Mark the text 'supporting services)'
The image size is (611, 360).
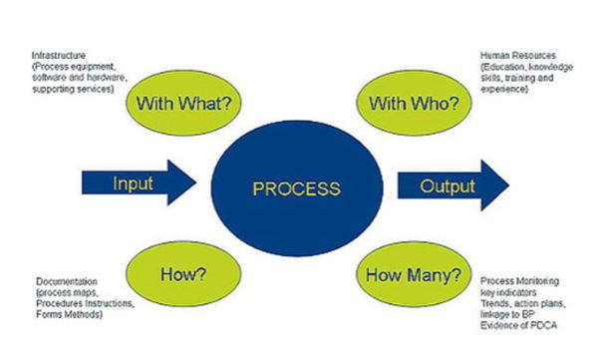coord(72,90)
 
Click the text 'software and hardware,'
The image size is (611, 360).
coord(75,79)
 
